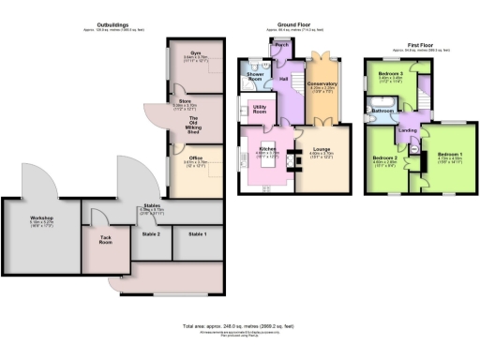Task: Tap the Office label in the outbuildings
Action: point(196,157)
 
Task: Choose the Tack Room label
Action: point(105,241)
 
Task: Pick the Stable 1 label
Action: point(198,233)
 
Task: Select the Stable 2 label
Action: point(151,233)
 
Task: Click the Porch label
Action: point(279,44)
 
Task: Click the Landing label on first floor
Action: point(408,130)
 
